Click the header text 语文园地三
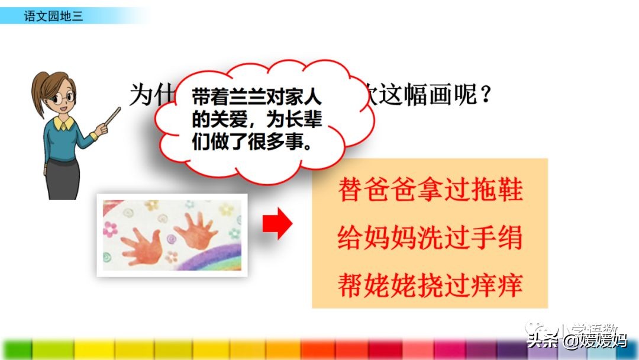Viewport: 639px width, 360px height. point(53,16)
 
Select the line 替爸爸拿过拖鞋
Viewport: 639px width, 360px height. point(430,191)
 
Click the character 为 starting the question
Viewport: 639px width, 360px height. point(141,95)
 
